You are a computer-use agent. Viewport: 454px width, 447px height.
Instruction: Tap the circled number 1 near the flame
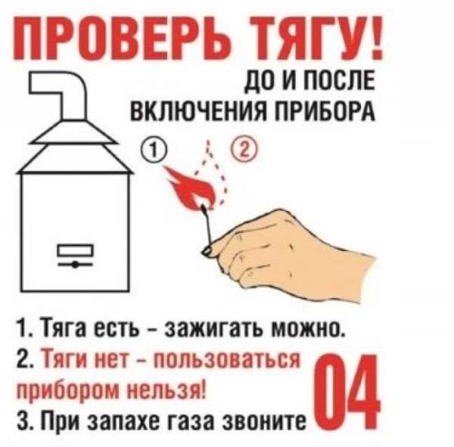(152, 150)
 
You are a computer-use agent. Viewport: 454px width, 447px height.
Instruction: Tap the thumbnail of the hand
(207, 250)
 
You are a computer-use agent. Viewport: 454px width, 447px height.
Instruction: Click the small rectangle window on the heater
(76, 250)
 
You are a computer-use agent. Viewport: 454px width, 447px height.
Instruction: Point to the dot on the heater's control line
(76, 264)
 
